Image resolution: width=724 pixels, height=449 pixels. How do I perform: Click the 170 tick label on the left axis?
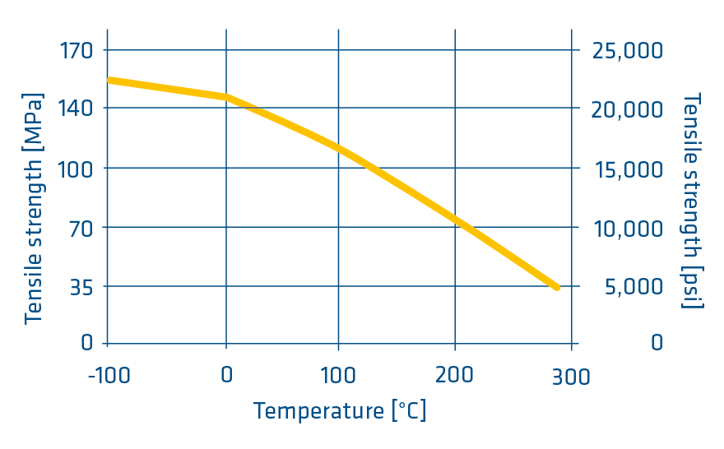click(76, 50)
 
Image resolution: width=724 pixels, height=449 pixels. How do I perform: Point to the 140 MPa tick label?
click(76, 109)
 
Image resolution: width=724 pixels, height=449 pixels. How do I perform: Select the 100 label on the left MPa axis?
click(76, 169)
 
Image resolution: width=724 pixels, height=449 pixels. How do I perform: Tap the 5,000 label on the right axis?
click(633, 289)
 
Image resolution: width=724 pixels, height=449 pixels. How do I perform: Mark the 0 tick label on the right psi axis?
click(656, 342)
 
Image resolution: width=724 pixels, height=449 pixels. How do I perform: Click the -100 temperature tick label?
click(107, 376)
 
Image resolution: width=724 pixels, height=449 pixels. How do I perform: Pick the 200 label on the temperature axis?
click(454, 376)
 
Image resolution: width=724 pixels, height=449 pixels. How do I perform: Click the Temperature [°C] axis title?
click(340, 410)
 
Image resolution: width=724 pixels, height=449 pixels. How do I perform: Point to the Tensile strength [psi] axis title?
click(693, 201)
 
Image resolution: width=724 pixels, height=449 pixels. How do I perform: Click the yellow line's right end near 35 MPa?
click(556, 287)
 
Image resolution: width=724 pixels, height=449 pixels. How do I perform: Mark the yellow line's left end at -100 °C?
click(109, 80)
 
